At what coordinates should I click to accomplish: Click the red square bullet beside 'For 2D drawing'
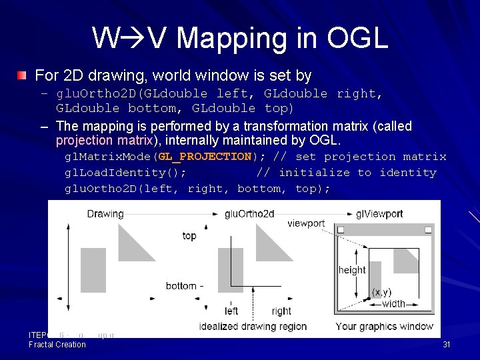click(x=23, y=75)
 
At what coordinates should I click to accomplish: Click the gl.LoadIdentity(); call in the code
click(x=125, y=173)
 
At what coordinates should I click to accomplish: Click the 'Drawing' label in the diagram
click(x=105, y=214)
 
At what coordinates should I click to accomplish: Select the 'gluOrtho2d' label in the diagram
click(x=249, y=214)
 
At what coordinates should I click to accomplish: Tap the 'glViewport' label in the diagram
click(x=379, y=214)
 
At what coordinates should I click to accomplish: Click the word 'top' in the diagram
click(x=189, y=236)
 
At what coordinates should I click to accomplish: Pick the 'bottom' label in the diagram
click(x=181, y=286)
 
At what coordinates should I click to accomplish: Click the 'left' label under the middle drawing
click(x=231, y=311)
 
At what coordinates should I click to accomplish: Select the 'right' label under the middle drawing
click(x=281, y=311)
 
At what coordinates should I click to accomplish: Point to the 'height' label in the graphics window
click(x=352, y=270)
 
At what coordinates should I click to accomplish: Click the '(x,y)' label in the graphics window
click(x=382, y=292)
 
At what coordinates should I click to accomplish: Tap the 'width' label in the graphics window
click(x=393, y=304)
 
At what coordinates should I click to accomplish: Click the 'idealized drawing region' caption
click(x=253, y=326)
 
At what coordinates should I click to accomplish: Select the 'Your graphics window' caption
click(x=384, y=326)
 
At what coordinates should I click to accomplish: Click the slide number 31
click(x=447, y=345)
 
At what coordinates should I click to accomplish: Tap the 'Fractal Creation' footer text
click(x=57, y=345)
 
